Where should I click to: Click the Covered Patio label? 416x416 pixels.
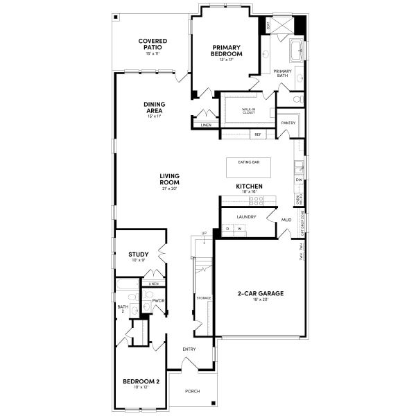tap(153, 44)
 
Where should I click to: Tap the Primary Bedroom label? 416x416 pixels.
tap(227, 51)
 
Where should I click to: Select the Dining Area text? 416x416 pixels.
tap(154, 107)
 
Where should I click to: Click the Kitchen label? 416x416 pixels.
tap(248, 187)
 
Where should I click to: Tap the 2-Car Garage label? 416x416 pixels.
tap(261, 293)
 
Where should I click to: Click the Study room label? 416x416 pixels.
tap(139, 254)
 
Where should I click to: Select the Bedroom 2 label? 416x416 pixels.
tap(141, 381)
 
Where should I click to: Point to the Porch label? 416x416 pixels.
tap(192, 391)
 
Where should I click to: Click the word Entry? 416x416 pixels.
tap(189, 349)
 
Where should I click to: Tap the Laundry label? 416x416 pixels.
tap(246, 217)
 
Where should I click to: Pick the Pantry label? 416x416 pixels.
tap(288, 123)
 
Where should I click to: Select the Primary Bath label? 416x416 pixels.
tap(282, 73)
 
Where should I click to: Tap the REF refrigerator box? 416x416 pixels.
tap(257, 134)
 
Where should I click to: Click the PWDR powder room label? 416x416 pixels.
tap(157, 300)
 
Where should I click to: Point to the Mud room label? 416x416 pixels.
tap(286, 220)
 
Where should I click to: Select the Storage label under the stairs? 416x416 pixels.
tap(203, 297)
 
